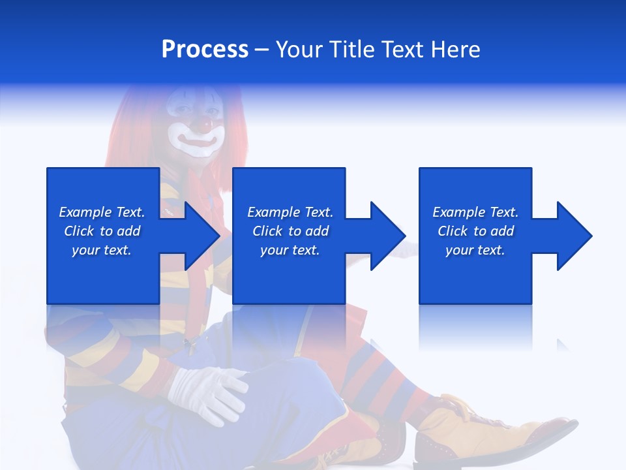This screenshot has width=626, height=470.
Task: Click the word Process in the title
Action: pyautogui.click(x=205, y=49)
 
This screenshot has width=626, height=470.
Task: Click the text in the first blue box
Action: pyautogui.click(x=102, y=231)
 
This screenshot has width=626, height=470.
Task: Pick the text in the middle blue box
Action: pyautogui.click(x=290, y=231)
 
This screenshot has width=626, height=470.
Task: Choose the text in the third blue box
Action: pyautogui.click(x=475, y=231)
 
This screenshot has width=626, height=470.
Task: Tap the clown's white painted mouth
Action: pyautogui.click(x=196, y=140)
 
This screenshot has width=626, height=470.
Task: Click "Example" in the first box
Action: pyautogui.click(x=85, y=212)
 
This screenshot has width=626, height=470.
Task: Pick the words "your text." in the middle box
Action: pyautogui.click(x=290, y=250)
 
